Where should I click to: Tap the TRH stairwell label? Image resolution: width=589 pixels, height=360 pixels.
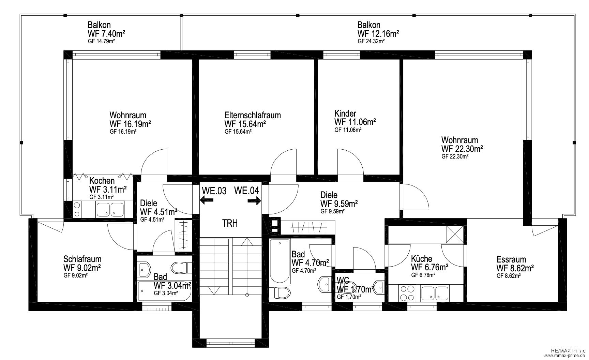(230, 224)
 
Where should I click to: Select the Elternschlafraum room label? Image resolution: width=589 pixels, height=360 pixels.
(253, 115)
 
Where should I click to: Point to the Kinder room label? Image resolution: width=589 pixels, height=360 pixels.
(345, 113)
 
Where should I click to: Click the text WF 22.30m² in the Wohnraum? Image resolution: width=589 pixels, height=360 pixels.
(462, 149)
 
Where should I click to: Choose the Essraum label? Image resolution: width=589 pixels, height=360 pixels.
(511, 259)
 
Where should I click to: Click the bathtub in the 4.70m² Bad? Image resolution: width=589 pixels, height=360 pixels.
(280, 261)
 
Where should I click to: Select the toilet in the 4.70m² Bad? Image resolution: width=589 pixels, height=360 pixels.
(283, 292)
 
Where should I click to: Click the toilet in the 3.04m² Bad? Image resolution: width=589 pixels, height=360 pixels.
(179, 268)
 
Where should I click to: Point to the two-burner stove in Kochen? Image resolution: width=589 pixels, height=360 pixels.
(77, 209)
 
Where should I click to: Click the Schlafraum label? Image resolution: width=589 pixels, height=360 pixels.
(82, 259)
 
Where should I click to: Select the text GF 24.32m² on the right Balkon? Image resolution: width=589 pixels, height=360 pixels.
(372, 41)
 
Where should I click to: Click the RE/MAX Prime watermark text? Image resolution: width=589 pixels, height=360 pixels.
(568, 350)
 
